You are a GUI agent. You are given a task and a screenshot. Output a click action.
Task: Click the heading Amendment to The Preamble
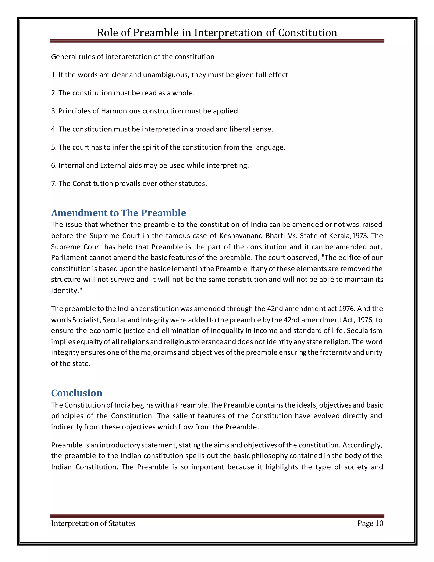[118, 213]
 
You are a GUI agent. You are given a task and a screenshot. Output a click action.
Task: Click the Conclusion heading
[77, 393]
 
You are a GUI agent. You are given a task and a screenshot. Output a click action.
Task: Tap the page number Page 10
[370, 523]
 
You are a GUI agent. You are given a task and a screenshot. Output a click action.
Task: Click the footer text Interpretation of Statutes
[93, 523]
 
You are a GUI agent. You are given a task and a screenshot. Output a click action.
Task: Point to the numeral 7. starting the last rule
[53, 183]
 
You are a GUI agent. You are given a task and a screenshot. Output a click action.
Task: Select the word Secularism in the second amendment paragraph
[364, 330]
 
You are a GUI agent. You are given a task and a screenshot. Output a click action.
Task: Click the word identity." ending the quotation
[67, 291]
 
